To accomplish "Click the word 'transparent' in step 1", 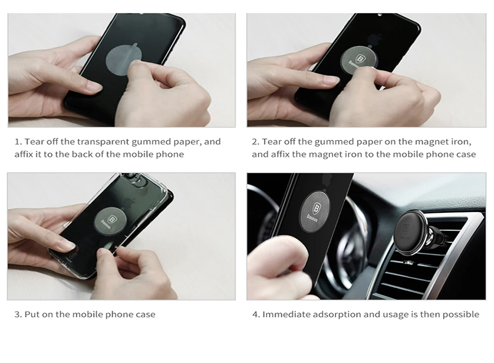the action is point(103,142).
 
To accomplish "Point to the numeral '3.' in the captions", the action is point(18,315).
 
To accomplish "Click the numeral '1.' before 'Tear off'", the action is point(18,142).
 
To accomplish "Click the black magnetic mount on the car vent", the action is point(413,232).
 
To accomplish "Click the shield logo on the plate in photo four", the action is point(316,209).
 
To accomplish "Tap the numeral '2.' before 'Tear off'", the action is point(255,142).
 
